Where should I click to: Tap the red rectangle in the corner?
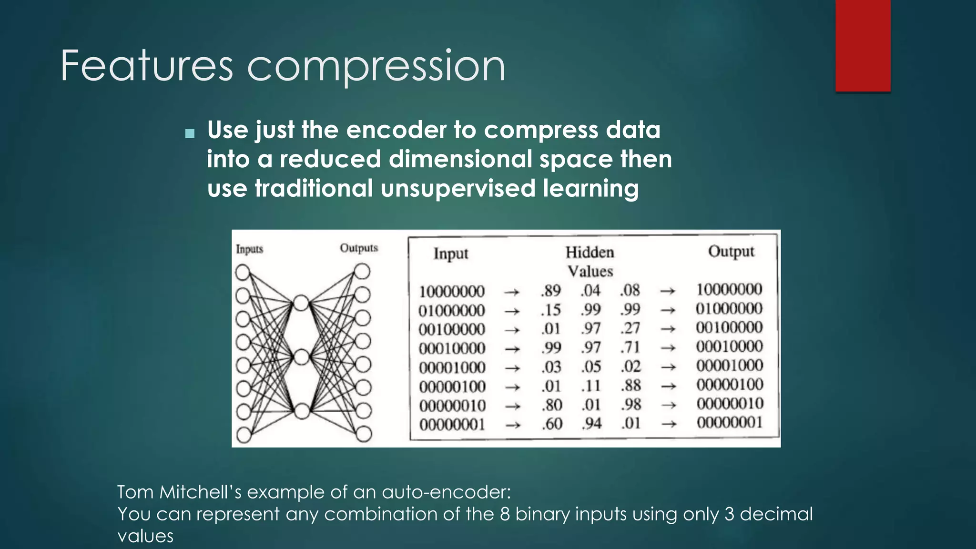tap(863, 46)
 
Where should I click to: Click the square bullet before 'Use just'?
tap(190, 133)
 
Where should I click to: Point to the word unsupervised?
tap(458, 188)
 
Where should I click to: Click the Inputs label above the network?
tap(249, 249)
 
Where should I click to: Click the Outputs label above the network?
tap(358, 248)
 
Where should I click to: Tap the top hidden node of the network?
tap(301, 303)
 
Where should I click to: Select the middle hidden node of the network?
tap(301, 357)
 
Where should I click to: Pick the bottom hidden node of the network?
tap(302, 411)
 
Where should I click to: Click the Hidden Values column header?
tap(590, 261)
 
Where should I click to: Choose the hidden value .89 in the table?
tap(551, 291)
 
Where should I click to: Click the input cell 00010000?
tap(452, 348)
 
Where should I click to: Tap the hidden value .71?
tap(630, 347)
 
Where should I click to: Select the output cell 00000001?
tap(729, 423)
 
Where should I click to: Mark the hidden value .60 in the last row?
tap(552, 424)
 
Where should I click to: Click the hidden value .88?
tap(630, 386)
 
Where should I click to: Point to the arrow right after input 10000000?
tap(511, 292)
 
